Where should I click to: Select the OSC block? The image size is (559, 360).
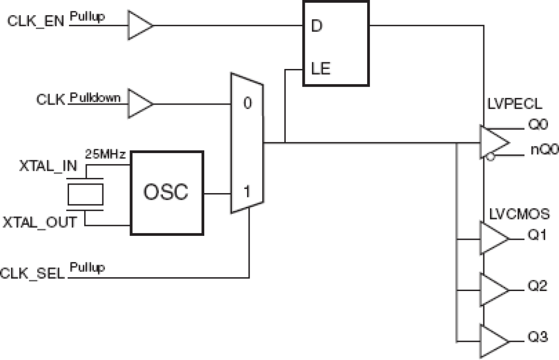pyautogui.click(x=166, y=193)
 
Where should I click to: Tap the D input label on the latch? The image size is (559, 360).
pyautogui.click(x=316, y=26)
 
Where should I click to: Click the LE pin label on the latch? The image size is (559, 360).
pyautogui.click(x=320, y=69)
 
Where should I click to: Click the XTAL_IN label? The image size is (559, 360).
pyautogui.click(x=48, y=166)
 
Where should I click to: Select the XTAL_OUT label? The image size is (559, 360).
pyautogui.click(x=40, y=222)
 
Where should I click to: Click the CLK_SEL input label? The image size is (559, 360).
pyautogui.click(x=33, y=271)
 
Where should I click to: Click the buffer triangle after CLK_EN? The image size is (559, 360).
pyautogui.click(x=139, y=25)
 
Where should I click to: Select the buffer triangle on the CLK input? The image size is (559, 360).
pyautogui.click(x=139, y=104)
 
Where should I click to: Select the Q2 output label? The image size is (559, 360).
pyautogui.click(x=537, y=287)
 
